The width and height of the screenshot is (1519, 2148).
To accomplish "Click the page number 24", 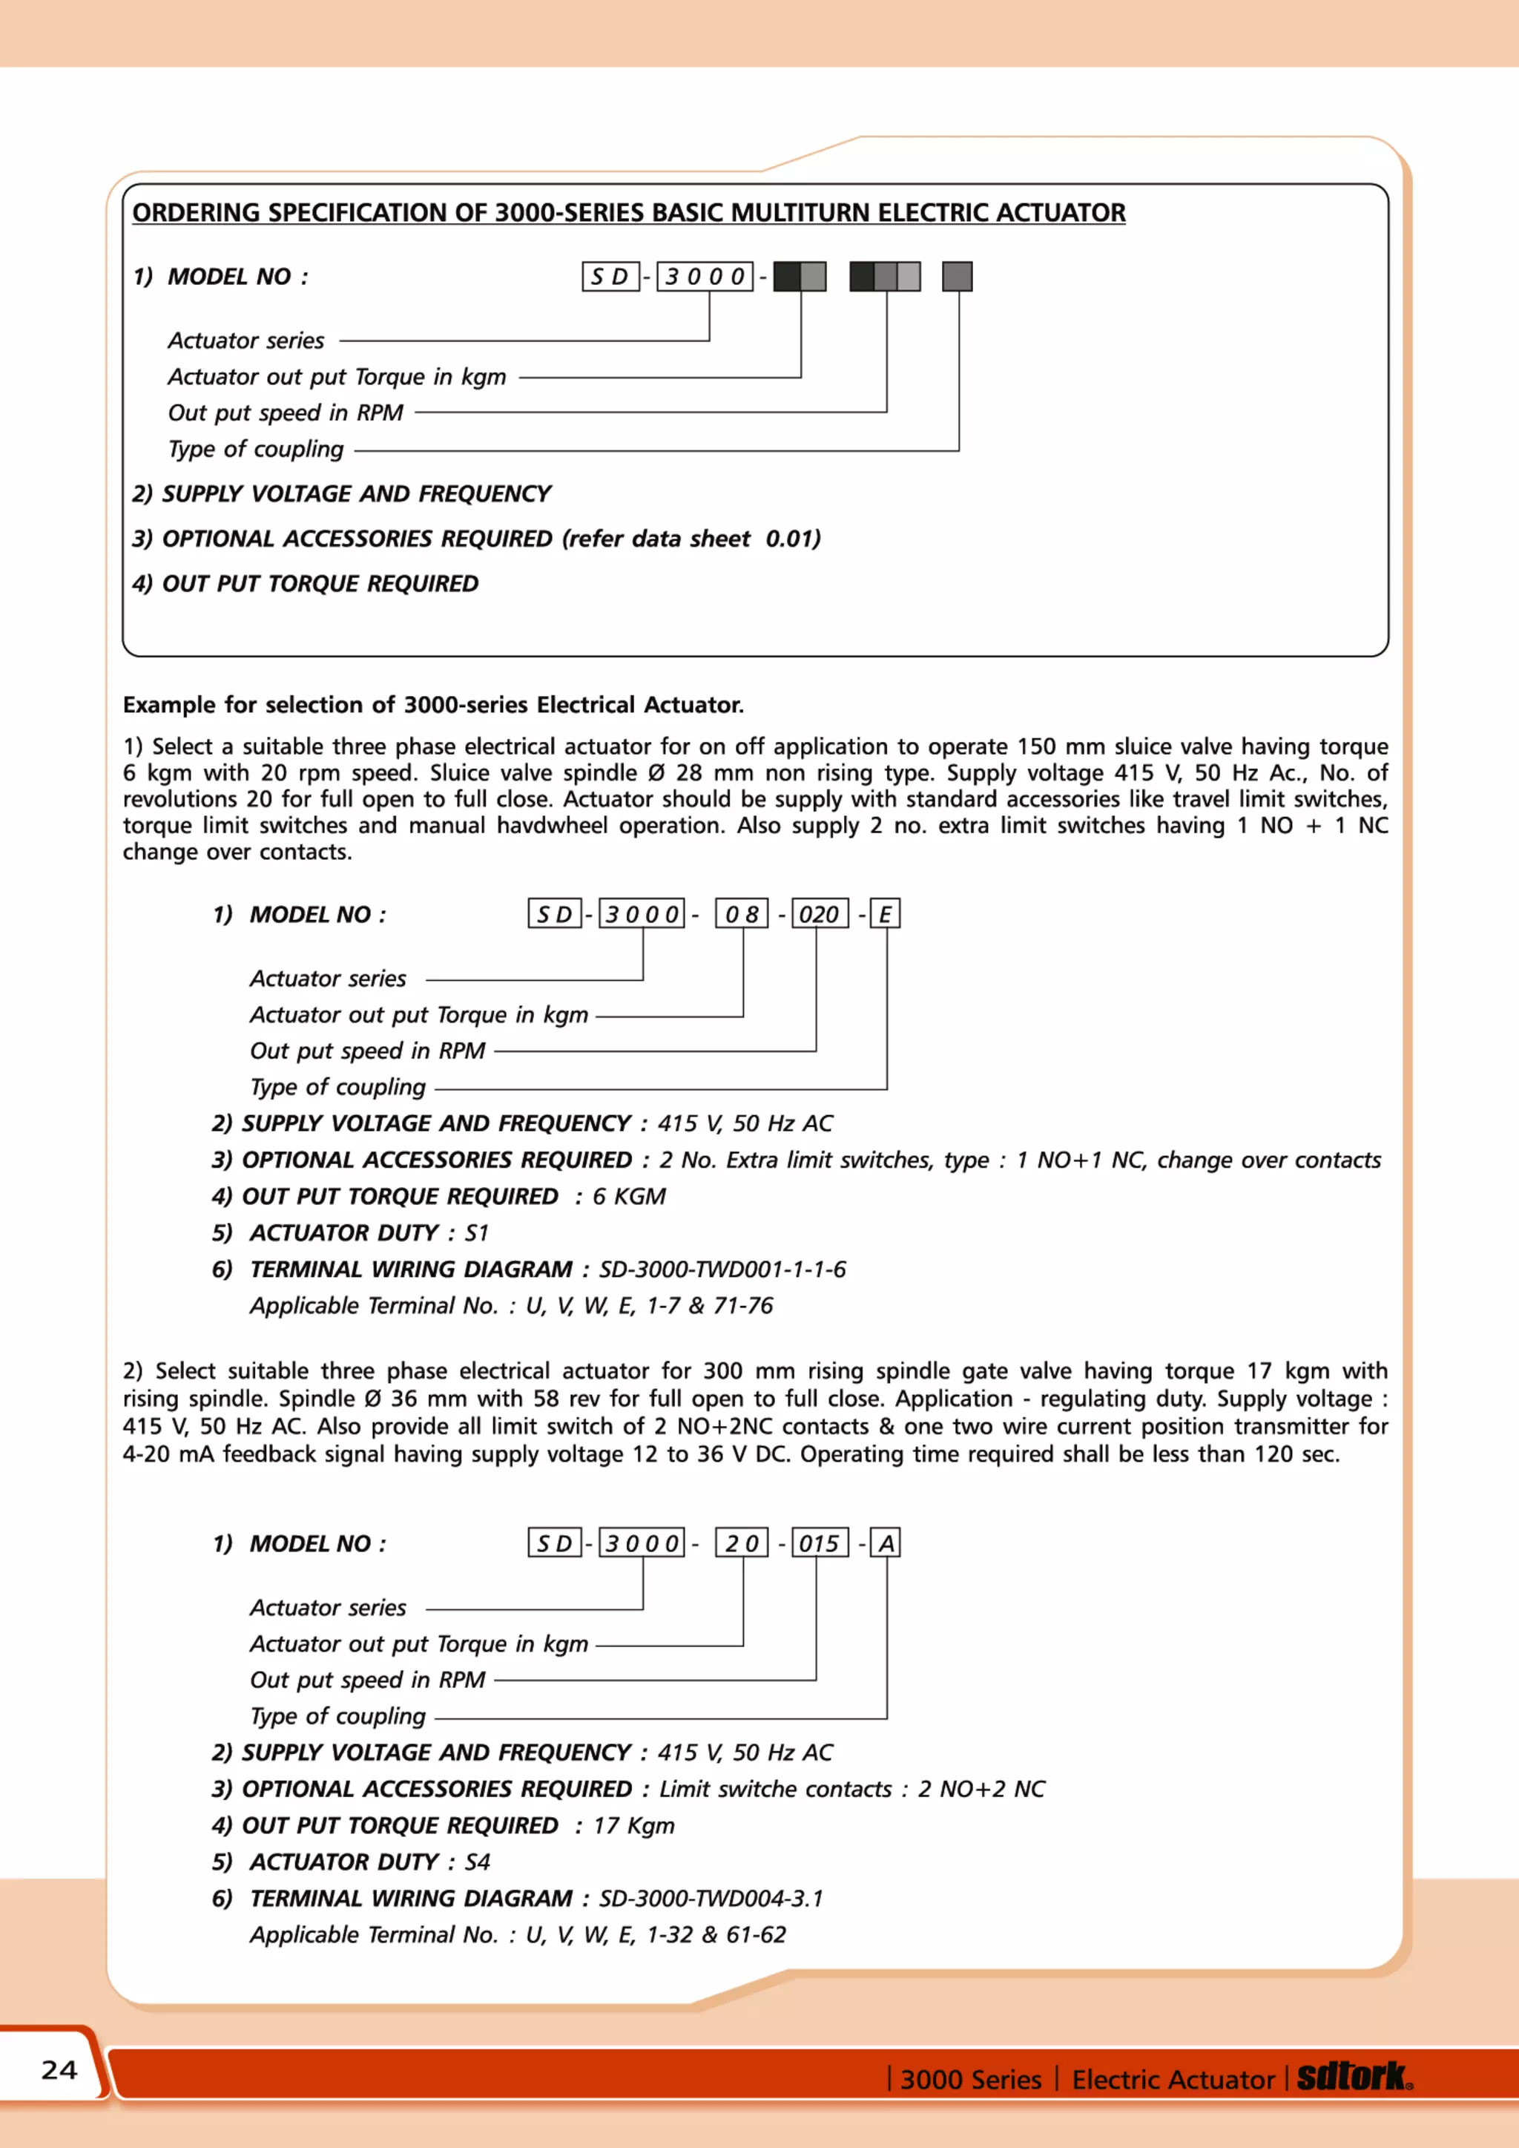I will click(x=59, y=2069).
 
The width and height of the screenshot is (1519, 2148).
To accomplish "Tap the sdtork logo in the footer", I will click(x=1354, y=2077).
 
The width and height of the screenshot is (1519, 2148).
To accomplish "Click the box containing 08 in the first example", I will click(x=742, y=914).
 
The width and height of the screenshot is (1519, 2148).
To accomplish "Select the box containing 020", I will click(x=820, y=914).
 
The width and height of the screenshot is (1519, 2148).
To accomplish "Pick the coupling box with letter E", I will click(x=885, y=914).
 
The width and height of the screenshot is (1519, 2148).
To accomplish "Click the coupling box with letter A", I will click(x=885, y=1543).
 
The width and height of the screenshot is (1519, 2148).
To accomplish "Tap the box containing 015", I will click(x=820, y=1543).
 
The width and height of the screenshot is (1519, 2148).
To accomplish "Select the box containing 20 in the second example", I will click(x=742, y=1543).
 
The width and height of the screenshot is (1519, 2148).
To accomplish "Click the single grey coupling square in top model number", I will click(x=957, y=276).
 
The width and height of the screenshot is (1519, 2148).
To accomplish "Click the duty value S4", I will click(x=477, y=1862).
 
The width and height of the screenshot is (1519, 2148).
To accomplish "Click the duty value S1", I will click(x=477, y=1233).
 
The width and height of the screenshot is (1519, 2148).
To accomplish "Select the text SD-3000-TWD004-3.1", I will click(x=711, y=1898).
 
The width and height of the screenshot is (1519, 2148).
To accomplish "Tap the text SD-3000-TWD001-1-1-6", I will click(x=722, y=1270).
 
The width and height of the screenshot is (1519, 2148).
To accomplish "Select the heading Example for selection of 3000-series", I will click(x=433, y=704).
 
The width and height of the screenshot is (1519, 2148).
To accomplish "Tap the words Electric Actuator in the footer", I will click(x=1173, y=2079).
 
